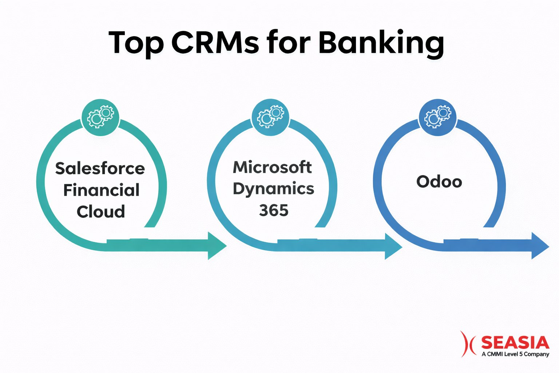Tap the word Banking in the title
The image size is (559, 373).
point(381,43)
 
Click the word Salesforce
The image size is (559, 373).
point(100,169)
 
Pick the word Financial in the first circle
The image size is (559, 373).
point(101,190)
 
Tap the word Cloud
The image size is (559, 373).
point(101,212)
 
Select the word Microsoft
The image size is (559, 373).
point(272,167)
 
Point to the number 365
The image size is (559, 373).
point(274,211)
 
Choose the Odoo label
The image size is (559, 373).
point(439,182)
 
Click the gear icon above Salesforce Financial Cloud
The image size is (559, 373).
point(100,117)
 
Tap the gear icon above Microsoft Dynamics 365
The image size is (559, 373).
point(270,117)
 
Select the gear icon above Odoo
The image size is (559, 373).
point(438,117)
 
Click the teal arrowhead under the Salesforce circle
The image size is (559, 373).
point(216,246)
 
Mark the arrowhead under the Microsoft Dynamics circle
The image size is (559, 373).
point(393,247)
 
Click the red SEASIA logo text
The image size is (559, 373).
point(515,343)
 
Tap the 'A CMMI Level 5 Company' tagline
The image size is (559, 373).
point(515,354)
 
